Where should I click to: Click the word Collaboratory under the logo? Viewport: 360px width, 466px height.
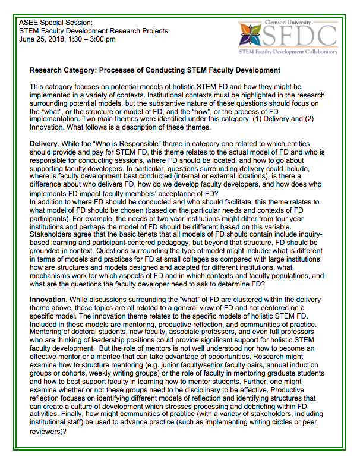tap(317, 52)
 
